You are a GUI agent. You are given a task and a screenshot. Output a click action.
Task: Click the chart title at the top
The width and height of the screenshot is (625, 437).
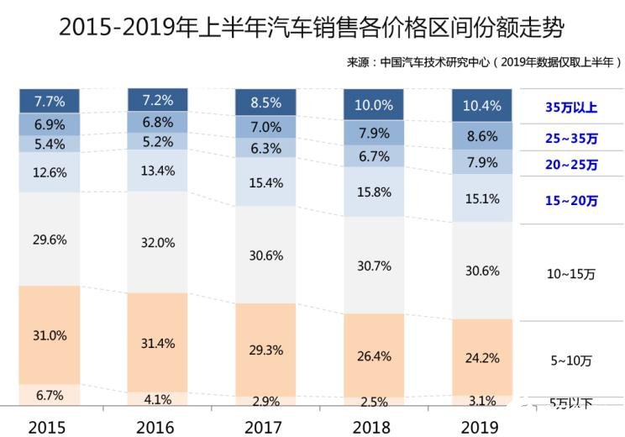(x=312, y=27)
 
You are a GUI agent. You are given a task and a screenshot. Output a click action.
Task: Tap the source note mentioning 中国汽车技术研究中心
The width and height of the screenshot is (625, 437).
(x=485, y=62)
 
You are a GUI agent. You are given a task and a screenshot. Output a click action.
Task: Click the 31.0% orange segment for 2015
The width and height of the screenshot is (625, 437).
(x=50, y=334)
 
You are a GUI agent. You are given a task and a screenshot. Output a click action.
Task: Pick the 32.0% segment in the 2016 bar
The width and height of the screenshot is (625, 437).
(x=158, y=243)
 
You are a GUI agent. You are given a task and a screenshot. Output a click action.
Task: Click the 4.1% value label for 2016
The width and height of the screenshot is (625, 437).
(x=158, y=399)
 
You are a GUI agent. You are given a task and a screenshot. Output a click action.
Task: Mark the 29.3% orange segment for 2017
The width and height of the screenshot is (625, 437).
(x=265, y=349)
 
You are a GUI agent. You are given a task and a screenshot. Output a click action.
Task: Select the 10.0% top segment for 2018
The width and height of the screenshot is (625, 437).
(x=373, y=106)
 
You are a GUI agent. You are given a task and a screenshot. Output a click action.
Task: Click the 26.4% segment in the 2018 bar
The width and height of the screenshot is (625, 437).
(x=373, y=355)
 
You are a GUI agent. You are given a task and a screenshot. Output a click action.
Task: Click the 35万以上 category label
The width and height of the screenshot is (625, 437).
(x=571, y=108)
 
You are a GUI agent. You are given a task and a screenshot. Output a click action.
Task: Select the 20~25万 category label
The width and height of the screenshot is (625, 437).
(x=571, y=166)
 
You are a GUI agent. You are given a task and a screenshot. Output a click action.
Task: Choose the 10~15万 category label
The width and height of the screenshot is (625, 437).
(x=571, y=273)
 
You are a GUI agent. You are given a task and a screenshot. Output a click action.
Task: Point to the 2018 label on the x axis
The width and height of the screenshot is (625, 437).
(x=373, y=427)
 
